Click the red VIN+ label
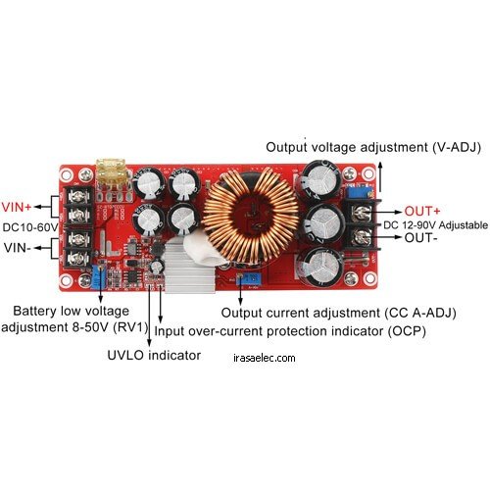[17, 207]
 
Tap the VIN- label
[18, 248]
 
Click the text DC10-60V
[30, 227]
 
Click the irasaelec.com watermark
[265, 358]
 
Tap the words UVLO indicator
[154, 355]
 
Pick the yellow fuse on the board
[111, 174]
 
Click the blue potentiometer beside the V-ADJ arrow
[359, 192]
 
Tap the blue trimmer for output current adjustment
[250, 279]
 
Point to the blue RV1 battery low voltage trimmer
[98, 276]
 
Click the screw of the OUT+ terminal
[362, 213]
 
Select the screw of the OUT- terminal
[362, 237]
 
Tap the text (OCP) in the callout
[407, 331]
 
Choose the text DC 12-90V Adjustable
[435, 225]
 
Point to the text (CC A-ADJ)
[420, 313]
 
